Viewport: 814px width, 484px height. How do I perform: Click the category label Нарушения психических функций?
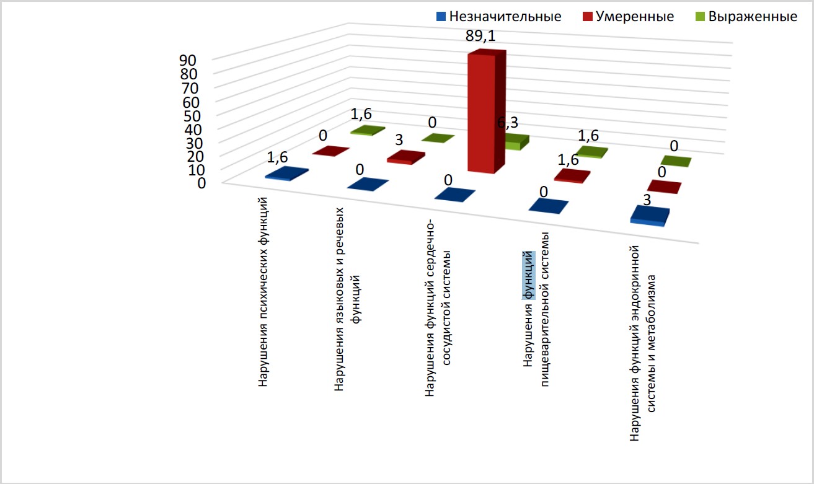click(x=264, y=291)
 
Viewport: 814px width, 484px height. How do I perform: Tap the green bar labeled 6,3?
click(x=516, y=141)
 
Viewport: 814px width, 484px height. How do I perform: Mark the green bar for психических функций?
click(x=368, y=130)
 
